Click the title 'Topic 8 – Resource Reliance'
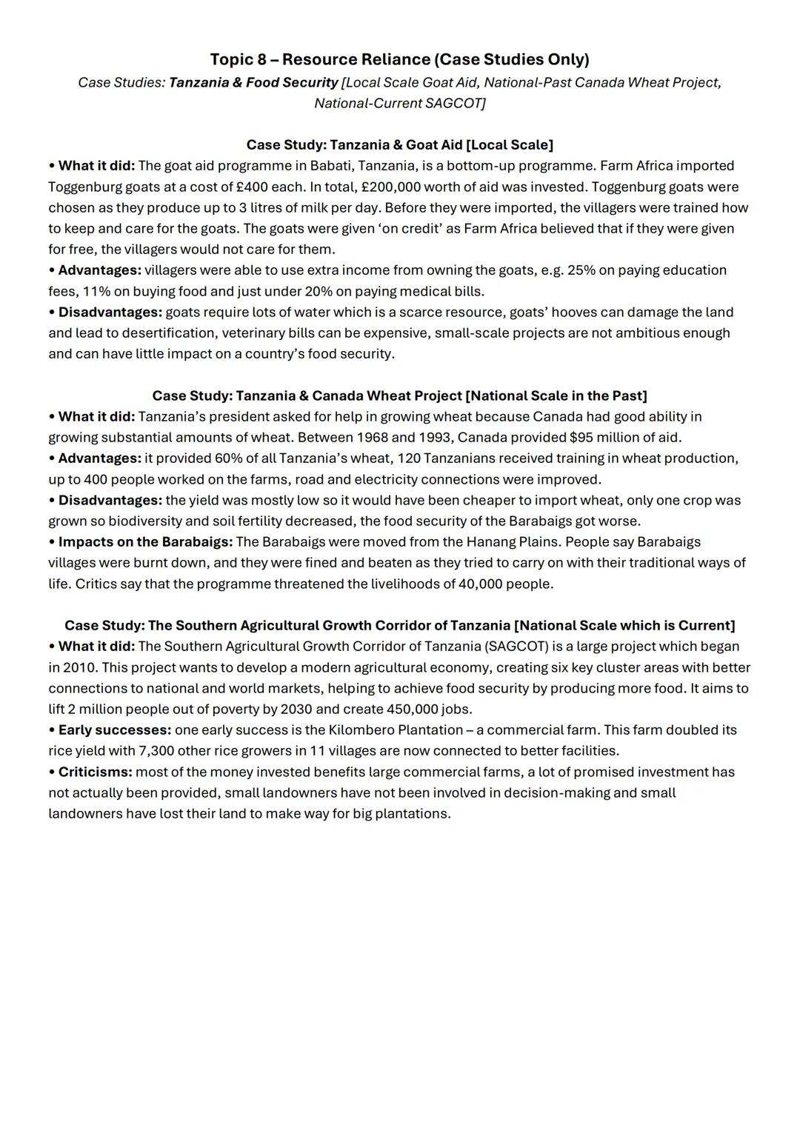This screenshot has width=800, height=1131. tap(399, 59)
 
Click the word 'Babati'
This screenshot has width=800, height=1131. tap(331, 166)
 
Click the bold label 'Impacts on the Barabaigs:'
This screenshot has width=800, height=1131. tap(145, 541)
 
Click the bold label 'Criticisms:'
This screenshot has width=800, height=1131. tap(95, 772)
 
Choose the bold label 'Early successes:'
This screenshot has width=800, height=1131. tap(115, 730)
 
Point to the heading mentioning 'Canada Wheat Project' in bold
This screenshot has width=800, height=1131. tap(399, 396)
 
